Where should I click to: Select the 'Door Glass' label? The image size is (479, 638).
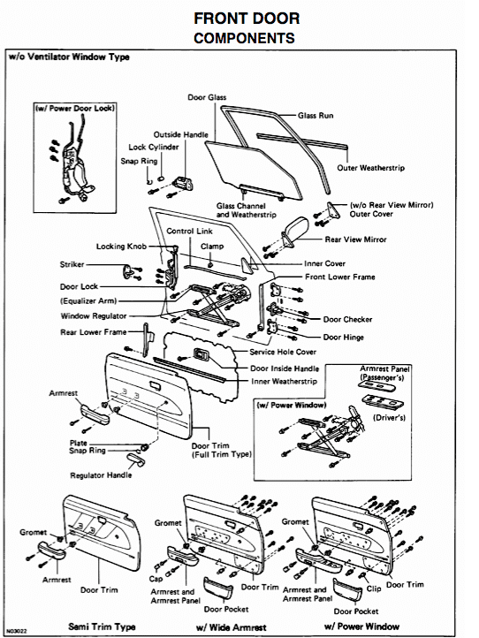point(206,96)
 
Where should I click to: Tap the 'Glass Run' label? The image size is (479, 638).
point(316,116)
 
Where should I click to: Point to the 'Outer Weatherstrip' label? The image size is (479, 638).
point(373,168)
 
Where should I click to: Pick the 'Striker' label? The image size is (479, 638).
point(72,264)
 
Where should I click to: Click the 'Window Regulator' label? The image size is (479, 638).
point(95,315)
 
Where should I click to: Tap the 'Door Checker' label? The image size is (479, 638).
point(347,319)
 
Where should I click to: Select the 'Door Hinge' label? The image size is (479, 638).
point(345,337)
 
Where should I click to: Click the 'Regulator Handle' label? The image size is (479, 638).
point(103,475)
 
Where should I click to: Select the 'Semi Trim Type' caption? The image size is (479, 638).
point(102,626)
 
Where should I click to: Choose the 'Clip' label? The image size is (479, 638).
point(373,587)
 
